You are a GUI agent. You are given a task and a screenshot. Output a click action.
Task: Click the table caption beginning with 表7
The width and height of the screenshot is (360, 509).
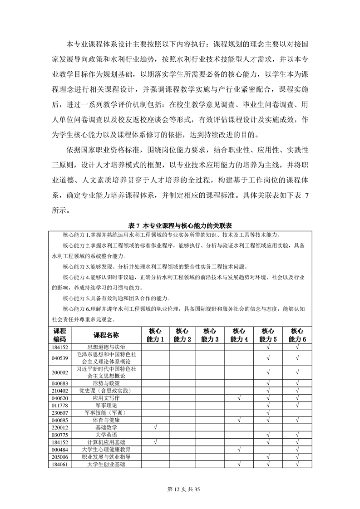[x=180, y=225]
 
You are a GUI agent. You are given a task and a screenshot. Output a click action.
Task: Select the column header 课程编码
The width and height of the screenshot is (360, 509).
[x=60, y=335]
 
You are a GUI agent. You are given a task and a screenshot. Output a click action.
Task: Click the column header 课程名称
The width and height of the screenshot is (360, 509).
[x=106, y=335]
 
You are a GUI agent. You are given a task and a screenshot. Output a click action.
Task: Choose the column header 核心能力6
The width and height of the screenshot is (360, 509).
[x=297, y=335]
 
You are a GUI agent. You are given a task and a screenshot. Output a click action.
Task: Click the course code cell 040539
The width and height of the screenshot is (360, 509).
[x=60, y=358]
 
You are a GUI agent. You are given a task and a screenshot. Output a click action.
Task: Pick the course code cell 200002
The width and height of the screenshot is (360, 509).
[x=60, y=372]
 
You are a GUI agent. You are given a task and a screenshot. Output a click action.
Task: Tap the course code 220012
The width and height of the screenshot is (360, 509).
[x=60, y=427]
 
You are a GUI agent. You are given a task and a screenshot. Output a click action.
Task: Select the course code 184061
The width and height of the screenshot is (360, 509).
[x=60, y=464]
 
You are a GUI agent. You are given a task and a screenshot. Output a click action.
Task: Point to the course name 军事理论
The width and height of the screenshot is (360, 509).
[x=106, y=405]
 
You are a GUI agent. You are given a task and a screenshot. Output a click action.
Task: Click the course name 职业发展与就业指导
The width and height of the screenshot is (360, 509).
[x=106, y=456]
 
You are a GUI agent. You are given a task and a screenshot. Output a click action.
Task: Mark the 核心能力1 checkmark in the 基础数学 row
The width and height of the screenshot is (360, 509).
[x=155, y=427]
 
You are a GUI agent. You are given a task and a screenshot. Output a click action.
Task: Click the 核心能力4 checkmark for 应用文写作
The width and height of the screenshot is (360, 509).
[x=239, y=398]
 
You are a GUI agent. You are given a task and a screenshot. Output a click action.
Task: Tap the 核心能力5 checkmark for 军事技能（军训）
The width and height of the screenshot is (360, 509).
[x=268, y=412]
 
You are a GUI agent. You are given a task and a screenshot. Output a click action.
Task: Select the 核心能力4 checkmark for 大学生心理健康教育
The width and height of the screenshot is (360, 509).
[x=239, y=449]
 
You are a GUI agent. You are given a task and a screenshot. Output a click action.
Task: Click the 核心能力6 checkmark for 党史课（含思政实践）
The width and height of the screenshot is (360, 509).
[x=297, y=391]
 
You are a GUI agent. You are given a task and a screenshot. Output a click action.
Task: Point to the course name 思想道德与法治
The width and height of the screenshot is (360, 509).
[x=106, y=347]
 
